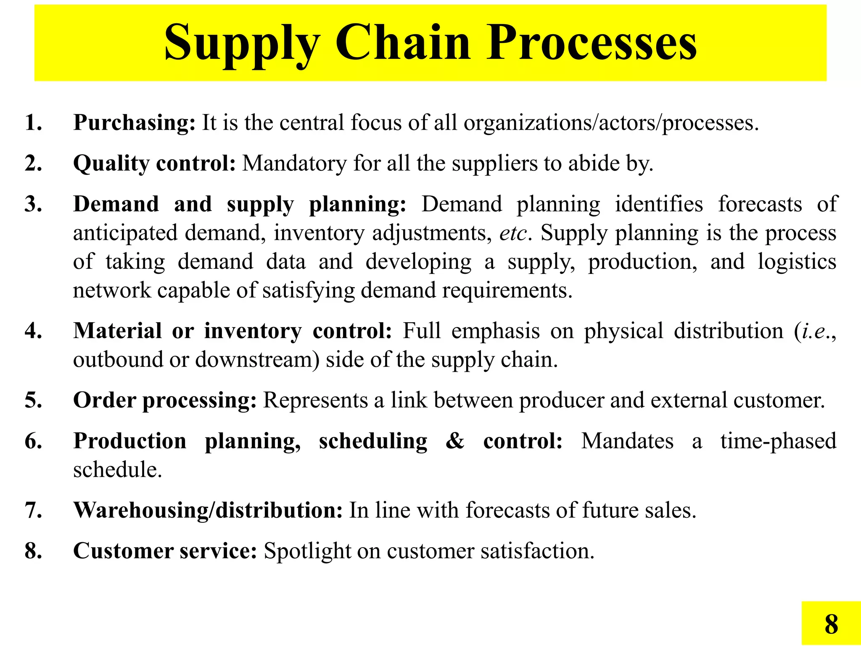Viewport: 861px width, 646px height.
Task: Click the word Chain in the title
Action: coord(402,43)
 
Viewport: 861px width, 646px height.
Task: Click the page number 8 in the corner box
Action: coord(831,624)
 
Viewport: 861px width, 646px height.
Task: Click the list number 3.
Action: coord(33,204)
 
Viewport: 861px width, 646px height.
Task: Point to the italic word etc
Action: coord(513,233)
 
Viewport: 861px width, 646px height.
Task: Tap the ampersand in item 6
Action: coord(455,441)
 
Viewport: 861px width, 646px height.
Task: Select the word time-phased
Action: coord(778,441)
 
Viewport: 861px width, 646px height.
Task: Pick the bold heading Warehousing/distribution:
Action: coord(208,510)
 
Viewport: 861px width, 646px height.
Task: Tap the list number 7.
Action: coord(33,510)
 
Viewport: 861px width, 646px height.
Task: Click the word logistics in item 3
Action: coord(797,262)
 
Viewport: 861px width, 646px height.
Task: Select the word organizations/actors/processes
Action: coord(611,123)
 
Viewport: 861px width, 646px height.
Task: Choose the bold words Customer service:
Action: coord(165,551)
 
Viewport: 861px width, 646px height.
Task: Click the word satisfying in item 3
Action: coord(308,291)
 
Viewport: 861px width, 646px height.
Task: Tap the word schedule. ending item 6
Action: coord(117,470)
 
